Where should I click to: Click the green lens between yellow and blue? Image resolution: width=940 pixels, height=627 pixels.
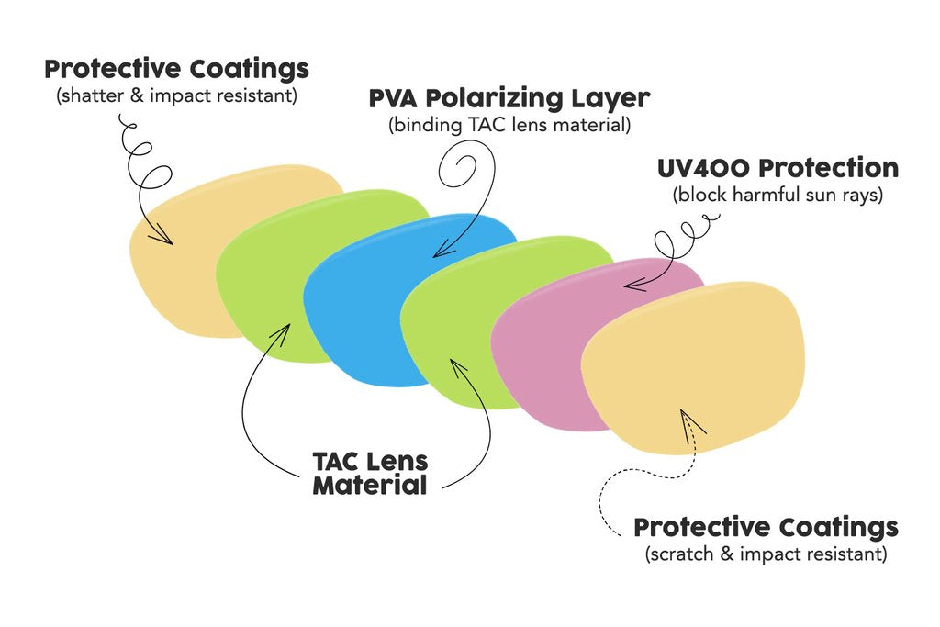(x=266, y=275)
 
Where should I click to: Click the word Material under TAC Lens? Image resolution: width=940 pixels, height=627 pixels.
(x=370, y=485)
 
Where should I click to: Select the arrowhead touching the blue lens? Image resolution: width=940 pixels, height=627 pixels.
(x=438, y=250)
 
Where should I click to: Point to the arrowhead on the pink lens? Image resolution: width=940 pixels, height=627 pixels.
(x=630, y=284)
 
